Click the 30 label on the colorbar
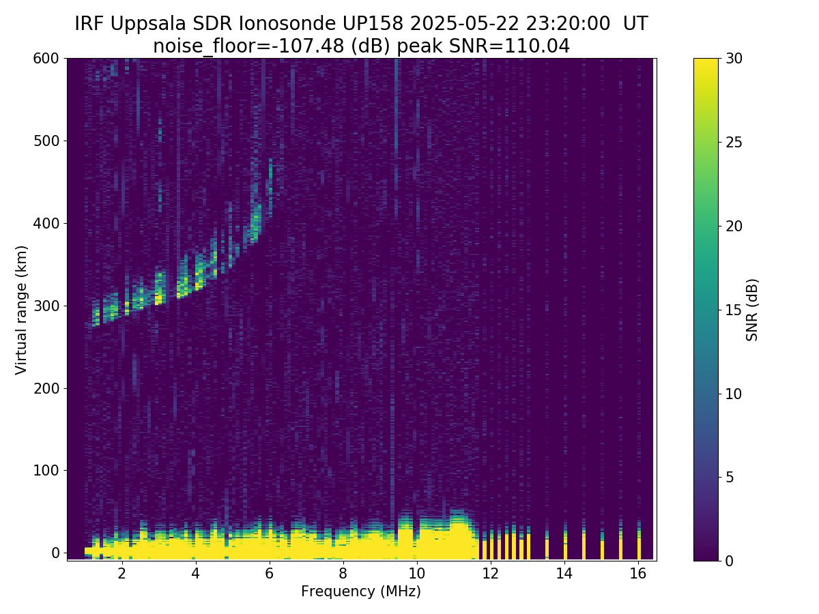pyautogui.click(x=736, y=59)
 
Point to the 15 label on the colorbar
pyautogui.click(x=736, y=310)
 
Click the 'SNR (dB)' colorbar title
pyautogui.click(x=752, y=310)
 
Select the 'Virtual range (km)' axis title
pyautogui.click(x=22, y=310)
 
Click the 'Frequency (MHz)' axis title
pyautogui.click(x=361, y=591)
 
